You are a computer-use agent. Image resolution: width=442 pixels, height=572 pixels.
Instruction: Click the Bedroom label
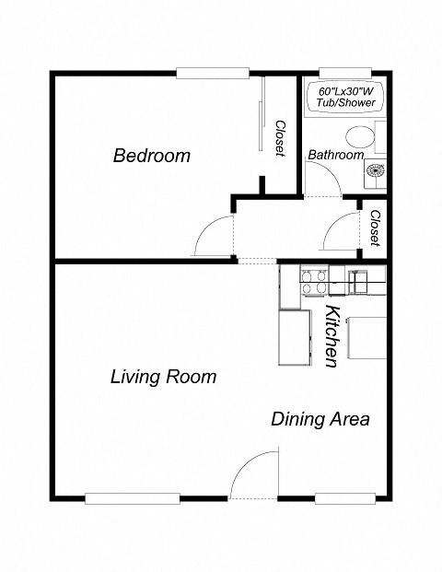click(x=152, y=156)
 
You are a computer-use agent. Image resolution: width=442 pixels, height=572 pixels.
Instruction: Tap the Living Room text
click(x=163, y=376)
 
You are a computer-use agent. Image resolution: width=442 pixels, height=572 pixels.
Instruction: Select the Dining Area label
click(x=320, y=419)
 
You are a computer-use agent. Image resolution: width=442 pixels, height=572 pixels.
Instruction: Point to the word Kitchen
click(x=334, y=336)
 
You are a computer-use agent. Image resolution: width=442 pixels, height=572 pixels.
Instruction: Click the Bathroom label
click(x=335, y=155)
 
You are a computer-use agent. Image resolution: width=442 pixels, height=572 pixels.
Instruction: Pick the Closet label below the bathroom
click(x=375, y=228)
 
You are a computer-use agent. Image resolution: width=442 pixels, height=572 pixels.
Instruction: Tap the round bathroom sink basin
click(x=376, y=169)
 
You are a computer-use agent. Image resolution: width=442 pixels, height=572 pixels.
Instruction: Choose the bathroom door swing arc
click(x=324, y=183)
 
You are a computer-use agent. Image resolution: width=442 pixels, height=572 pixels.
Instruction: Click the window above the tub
click(x=344, y=72)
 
